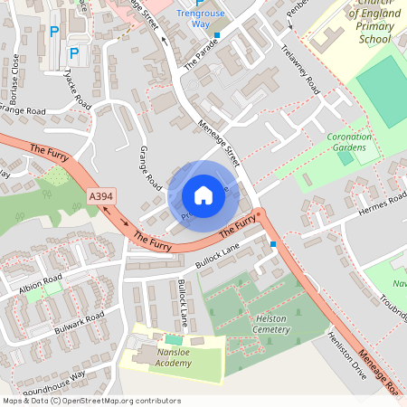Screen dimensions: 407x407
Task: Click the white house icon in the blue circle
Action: [203, 194]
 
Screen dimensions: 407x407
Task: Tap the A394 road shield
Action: [101, 195]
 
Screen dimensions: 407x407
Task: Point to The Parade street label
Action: [202, 54]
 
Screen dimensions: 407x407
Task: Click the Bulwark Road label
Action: [77, 324]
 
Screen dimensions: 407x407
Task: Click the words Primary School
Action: [361, 33]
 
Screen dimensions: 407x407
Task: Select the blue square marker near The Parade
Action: [217, 36]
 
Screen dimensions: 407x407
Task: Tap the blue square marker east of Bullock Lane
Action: [273, 243]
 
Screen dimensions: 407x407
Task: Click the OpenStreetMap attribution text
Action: [90, 401]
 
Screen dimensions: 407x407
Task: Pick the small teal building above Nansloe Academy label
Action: [173, 338]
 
